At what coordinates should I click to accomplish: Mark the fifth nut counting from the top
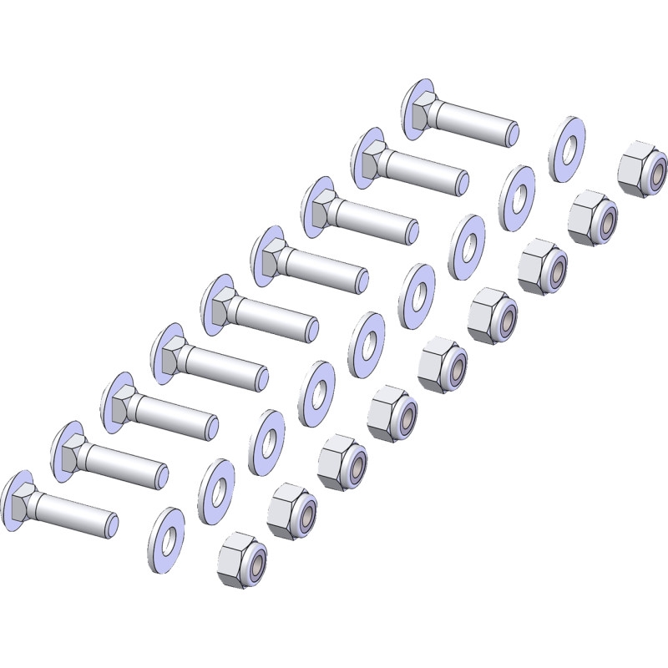pyautogui.click(x=443, y=364)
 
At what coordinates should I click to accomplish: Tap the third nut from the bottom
pyautogui.click(x=342, y=462)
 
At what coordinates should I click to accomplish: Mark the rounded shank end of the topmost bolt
pyautogui.click(x=514, y=133)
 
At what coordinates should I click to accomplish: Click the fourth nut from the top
pyautogui.click(x=492, y=315)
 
